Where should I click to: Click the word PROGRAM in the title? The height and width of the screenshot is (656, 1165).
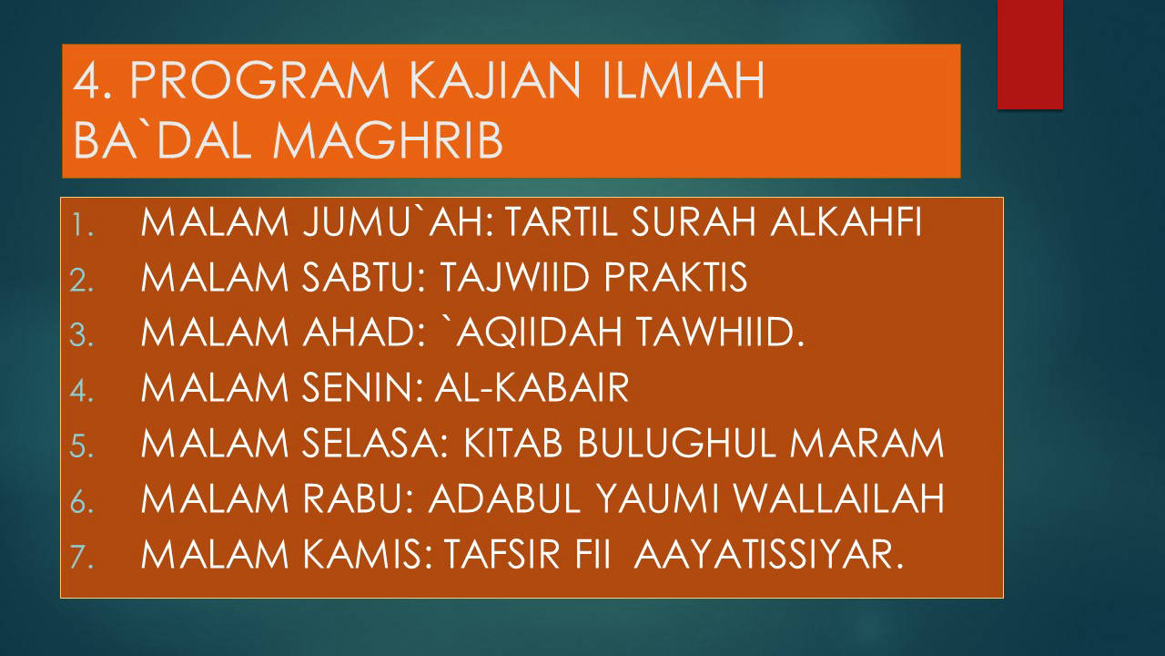259,80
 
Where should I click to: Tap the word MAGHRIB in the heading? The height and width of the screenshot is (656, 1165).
388,139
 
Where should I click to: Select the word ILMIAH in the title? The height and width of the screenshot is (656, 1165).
683,80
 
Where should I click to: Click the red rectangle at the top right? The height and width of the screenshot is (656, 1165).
1029,55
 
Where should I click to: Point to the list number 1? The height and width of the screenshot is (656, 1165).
82,225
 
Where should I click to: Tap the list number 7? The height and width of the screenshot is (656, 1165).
82,556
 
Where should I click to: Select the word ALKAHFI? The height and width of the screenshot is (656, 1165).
846,222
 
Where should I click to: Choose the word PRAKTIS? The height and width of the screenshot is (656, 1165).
675,277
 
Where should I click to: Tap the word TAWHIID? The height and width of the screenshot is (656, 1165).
721,333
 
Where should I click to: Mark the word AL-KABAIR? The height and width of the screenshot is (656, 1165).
532,387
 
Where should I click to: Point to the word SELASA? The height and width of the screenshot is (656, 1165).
375,444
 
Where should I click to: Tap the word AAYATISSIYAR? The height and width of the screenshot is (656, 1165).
769,554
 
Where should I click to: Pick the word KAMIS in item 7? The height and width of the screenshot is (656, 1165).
368,554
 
